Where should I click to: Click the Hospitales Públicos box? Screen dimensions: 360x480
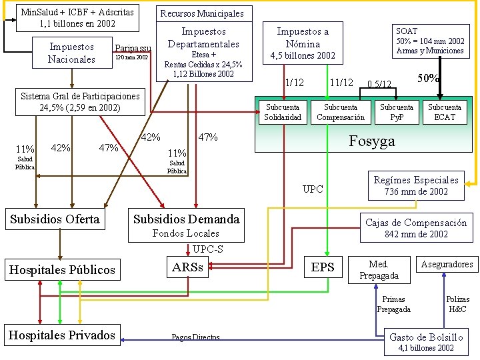pyautogui.click(x=61, y=269)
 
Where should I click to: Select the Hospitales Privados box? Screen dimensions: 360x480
pyautogui.click(x=61, y=335)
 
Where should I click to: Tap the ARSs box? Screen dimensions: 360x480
pyautogui.click(x=188, y=267)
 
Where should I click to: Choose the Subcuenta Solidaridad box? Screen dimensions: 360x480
pyautogui.click(x=283, y=112)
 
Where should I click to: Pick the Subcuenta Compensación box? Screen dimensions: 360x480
pyautogui.click(x=340, y=112)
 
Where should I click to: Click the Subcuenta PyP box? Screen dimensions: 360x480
pyautogui.click(x=397, y=112)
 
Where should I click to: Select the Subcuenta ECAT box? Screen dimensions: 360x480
pyautogui.click(x=445, y=112)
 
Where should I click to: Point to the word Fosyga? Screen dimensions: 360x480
pyautogui.click(x=372, y=141)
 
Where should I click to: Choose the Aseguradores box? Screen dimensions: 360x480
pyautogui.click(x=447, y=265)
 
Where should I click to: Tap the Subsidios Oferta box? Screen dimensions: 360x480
pyautogui.click(x=55, y=219)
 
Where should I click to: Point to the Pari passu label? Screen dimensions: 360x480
pyautogui.click(x=133, y=48)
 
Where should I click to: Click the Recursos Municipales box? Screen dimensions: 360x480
pyautogui.click(x=202, y=13)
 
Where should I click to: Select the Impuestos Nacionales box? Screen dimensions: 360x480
pyautogui.click(x=71, y=53)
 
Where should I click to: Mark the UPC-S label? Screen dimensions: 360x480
pyautogui.click(x=208, y=249)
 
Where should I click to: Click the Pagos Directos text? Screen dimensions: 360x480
pyautogui.click(x=195, y=338)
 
